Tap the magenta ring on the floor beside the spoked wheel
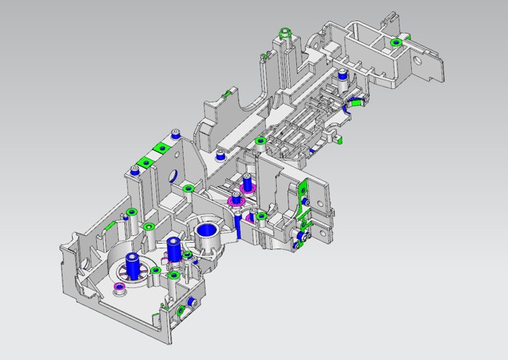120,288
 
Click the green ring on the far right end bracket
396,41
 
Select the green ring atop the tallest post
285,32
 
